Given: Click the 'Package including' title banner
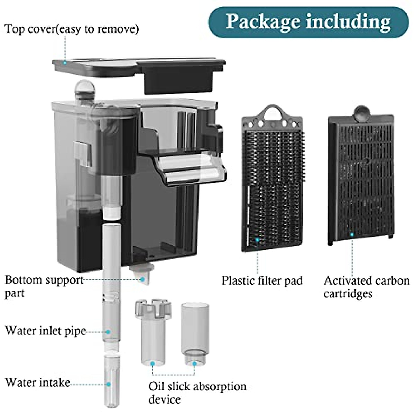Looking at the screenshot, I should [308, 21].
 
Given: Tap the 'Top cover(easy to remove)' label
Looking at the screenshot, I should [72, 29].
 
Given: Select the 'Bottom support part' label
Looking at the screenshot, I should [44, 286].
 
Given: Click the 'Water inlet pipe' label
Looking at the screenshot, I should [45, 331].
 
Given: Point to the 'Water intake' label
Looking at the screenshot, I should [38, 382].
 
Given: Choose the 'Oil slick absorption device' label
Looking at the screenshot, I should [197, 393].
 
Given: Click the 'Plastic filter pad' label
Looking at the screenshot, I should [262, 280].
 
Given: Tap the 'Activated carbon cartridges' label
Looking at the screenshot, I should [366, 287].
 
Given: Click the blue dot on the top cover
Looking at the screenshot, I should [64, 63].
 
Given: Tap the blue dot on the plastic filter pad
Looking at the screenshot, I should [257, 239].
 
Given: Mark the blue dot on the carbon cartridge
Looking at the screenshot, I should [352, 234].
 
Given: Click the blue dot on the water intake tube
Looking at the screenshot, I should [109, 384].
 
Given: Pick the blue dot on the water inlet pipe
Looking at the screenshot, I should [108, 331].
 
